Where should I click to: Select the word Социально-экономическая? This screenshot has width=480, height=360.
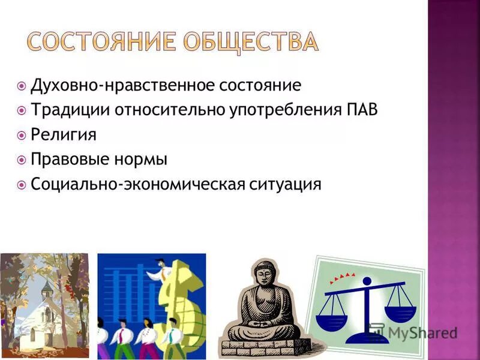137,184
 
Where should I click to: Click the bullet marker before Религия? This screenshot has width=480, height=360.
22,135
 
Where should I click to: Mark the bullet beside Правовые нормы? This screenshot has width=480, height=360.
22,160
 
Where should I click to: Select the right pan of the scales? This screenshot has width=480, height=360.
400,310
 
